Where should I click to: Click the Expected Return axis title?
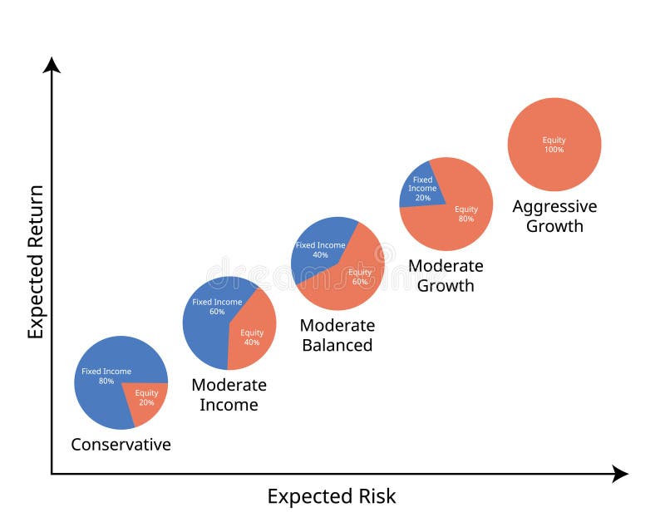point(35,261)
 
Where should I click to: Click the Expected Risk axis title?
point(332,497)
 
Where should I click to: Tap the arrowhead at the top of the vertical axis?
point(52,65)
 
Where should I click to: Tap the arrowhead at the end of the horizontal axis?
point(620,474)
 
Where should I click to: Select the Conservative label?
point(121,445)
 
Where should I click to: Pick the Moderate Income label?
point(229,395)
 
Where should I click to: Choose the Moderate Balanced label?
point(337,335)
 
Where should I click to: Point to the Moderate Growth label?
point(446,276)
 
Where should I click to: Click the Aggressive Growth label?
point(554,216)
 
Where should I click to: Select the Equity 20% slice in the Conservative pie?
point(148,399)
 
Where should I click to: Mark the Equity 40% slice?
point(252,332)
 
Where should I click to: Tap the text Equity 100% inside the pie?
point(554,145)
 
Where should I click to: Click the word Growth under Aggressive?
point(554,226)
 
